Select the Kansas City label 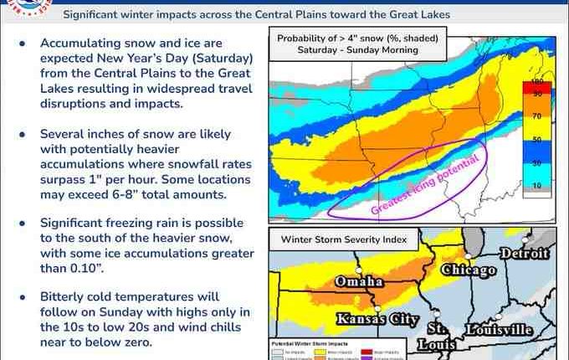pyautogui.click(x=366, y=318)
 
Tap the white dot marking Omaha pyautogui.click(x=357, y=271)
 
